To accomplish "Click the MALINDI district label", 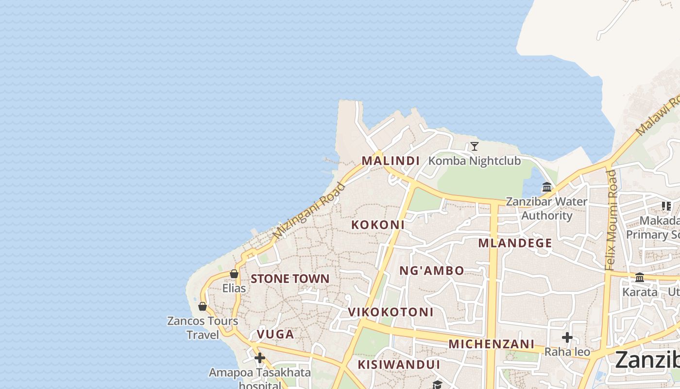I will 391,161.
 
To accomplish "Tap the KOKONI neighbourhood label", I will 378,225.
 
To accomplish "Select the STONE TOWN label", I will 290,279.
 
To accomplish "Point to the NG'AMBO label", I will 432,271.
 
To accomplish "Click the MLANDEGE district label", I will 515,243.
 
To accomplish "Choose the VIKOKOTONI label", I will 391,312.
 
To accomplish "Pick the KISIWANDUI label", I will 399,365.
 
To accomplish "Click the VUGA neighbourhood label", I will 275,335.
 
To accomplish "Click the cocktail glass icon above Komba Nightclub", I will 475,146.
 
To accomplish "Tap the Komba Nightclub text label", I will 475,161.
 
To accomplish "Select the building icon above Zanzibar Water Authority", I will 547,187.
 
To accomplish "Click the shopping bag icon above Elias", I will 234,274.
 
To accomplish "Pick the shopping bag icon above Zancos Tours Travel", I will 203,306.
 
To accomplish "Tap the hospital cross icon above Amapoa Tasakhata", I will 260,358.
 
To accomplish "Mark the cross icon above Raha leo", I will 567,337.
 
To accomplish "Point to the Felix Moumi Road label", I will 611,220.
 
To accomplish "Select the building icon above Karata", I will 640,278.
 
